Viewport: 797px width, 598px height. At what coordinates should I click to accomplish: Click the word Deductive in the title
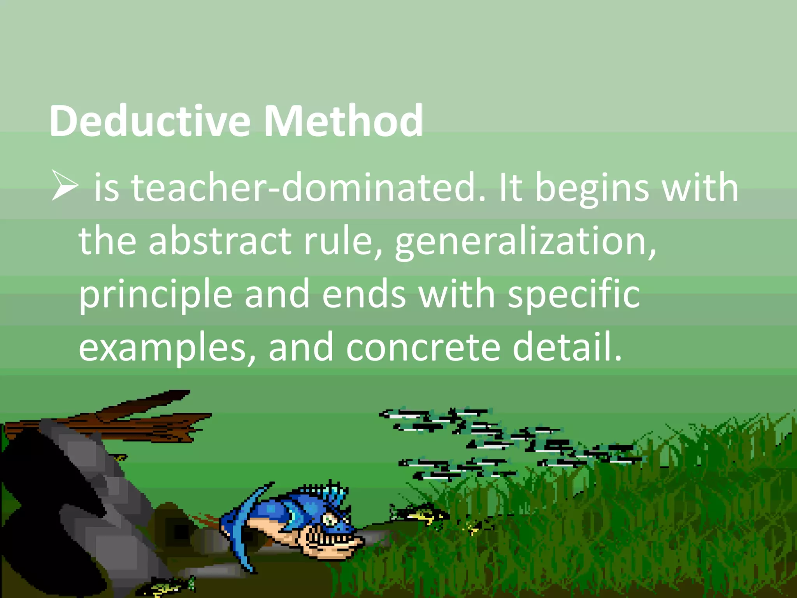pyautogui.click(x=150, y=121)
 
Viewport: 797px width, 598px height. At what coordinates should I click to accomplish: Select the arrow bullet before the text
pyautogui.click(x=65, y=187)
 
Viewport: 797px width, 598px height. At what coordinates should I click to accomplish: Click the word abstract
pyautogui.click(x=220, y=241)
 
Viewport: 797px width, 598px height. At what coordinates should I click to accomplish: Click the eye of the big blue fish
pyautogui.click(x=331, y=519)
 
